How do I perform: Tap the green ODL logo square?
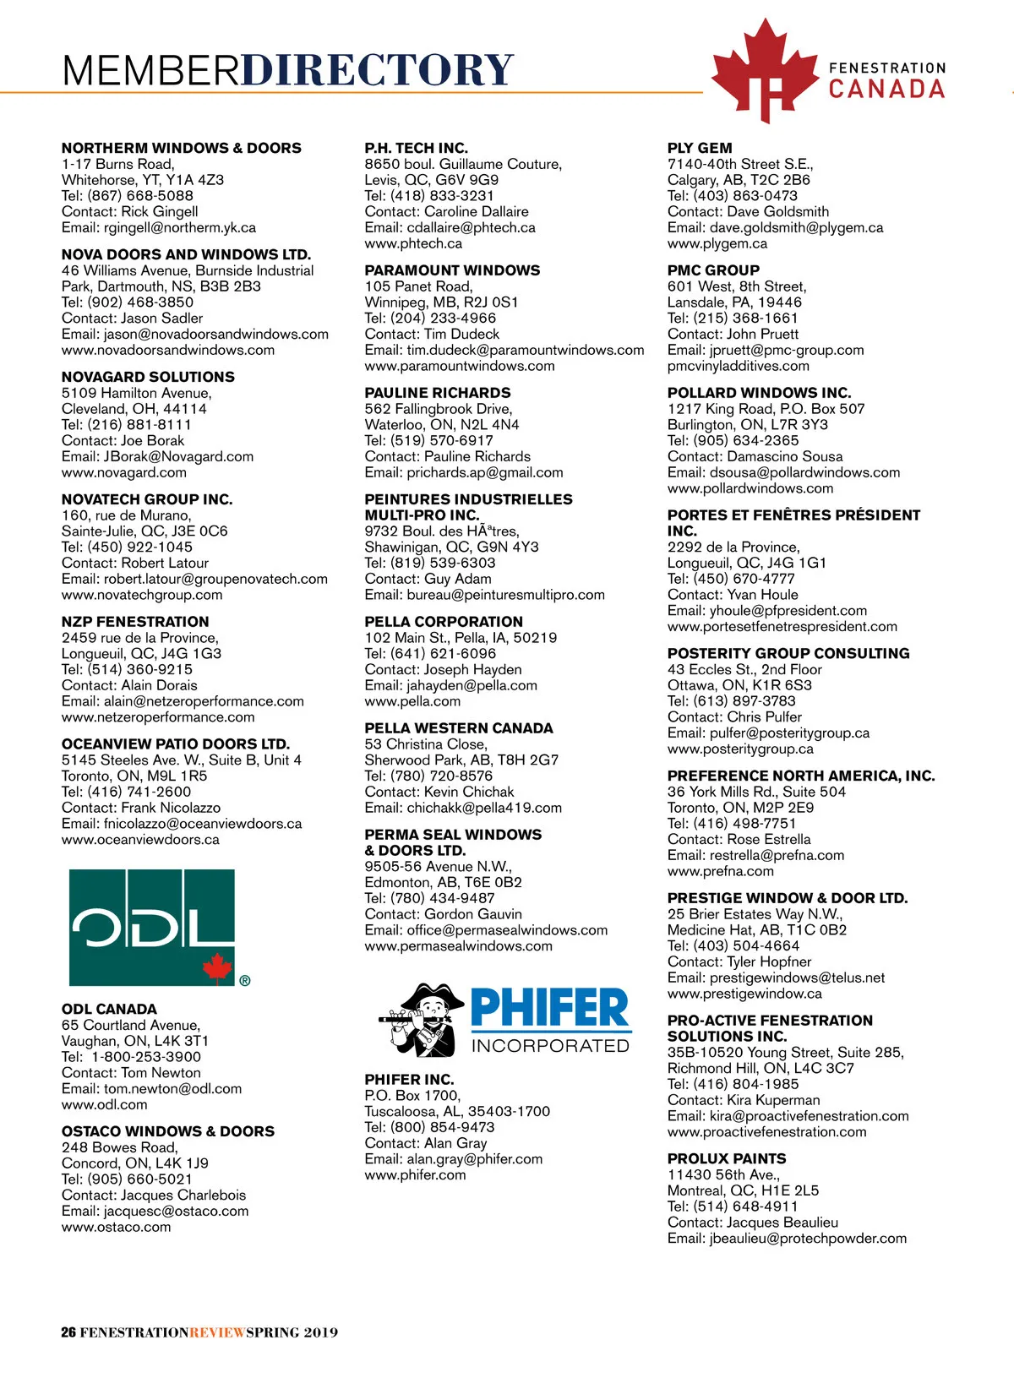point(151,927)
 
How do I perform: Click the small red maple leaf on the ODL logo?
point(217,967)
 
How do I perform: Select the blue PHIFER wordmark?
point(549,1007)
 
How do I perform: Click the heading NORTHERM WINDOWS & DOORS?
point(181,148)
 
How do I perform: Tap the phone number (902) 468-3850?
point(140,302)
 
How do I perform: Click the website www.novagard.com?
point(123,472)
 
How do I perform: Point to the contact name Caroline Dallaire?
point(476,211)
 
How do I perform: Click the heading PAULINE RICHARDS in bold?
point(437,393)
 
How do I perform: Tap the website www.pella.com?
point(412,701)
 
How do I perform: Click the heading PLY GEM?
point(700,148)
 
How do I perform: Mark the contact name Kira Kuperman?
point(773,1100)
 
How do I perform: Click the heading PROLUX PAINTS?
point(726,1158)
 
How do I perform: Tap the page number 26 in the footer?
point(68,1332)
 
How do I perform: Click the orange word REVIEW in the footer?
point(217,1332)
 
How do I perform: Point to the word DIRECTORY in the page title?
point(377,70)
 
